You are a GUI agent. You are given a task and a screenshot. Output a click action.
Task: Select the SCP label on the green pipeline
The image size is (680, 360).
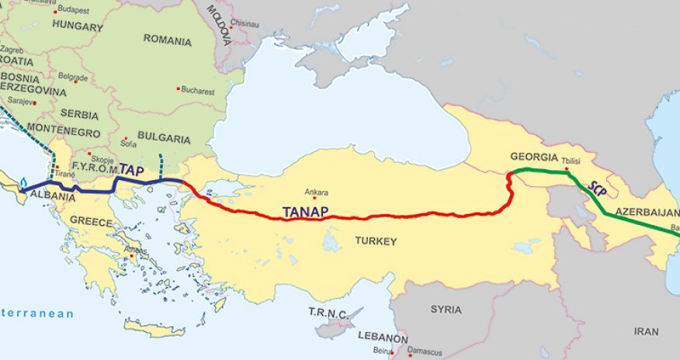(x=595, y=190)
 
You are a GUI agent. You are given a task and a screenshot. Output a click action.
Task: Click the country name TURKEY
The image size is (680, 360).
(x=376, y=241)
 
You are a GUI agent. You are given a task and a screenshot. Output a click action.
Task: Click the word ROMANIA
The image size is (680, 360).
(x=167, y=40)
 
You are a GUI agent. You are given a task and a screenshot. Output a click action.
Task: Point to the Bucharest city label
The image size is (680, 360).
(x=199, y=90)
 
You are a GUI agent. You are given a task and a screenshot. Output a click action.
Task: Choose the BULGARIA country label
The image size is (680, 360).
(x=163, y=138)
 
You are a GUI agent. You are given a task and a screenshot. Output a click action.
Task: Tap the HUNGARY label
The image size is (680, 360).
(x=77, y=26)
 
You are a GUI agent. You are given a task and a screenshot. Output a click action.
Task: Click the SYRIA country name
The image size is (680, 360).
(x=446, y=309)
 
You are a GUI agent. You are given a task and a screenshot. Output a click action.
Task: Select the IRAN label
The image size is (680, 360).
(x=646, y=331)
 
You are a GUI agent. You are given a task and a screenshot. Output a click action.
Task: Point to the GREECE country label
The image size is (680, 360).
(x=91, y=220)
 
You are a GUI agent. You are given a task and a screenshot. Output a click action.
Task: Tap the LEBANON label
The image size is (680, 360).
(x=383, y=339)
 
